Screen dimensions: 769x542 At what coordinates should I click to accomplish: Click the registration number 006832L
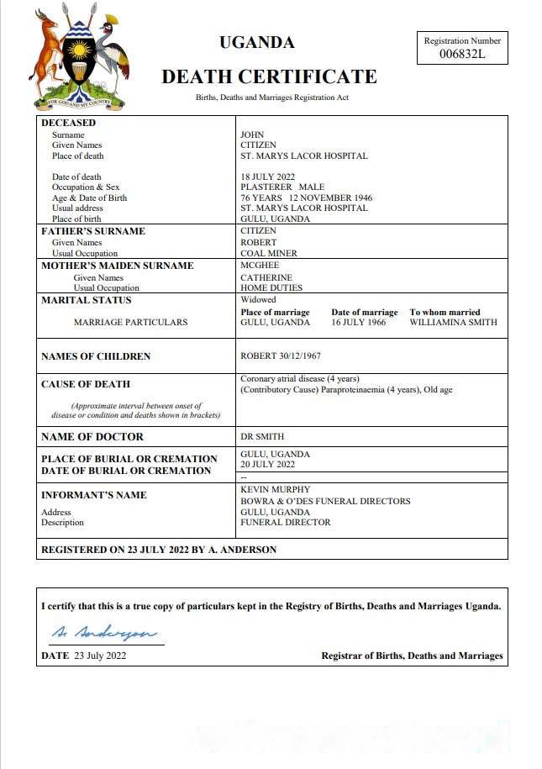click(463, 54)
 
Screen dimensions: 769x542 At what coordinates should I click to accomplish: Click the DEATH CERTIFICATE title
click(269, 76)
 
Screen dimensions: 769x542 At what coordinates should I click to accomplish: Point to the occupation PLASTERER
click(266, 187)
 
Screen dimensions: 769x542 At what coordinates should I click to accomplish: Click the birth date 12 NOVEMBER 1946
click(330, 198)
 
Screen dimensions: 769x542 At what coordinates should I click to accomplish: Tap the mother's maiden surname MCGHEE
click(260, 266)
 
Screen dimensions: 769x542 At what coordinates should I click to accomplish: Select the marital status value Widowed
click(258, 299)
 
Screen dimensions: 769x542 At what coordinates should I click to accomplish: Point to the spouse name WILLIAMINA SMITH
click(453, 322)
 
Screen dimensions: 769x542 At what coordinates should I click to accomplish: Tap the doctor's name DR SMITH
click(262, 436)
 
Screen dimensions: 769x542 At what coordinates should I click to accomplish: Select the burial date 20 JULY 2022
click(267, 464)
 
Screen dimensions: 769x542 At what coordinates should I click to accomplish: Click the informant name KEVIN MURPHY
click(276, 489)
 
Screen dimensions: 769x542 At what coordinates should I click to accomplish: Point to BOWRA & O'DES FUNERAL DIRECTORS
click(325, 501)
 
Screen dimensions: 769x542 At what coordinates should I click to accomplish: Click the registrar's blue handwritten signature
click(102, 631)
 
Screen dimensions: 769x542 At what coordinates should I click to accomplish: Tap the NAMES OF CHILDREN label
click(96, 356)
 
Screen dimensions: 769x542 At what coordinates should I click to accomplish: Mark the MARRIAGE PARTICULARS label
click(130, 322)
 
